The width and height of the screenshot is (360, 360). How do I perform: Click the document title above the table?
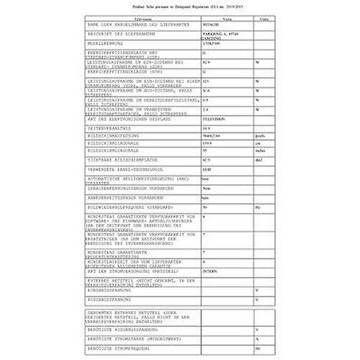click(179, 6)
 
